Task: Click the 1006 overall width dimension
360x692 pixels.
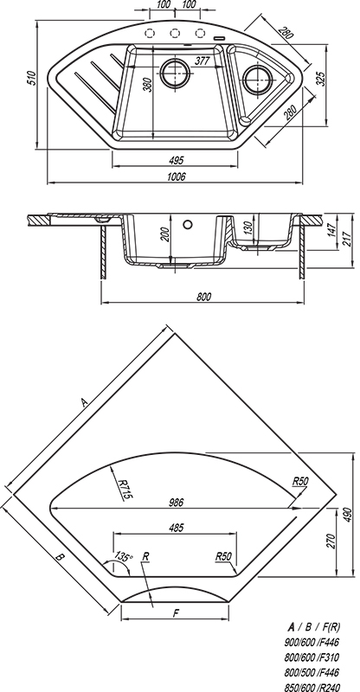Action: click(x=177, y=176)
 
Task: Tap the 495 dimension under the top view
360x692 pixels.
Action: click(x=177, y=160)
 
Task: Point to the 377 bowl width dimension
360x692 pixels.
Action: click(x=202, y=61)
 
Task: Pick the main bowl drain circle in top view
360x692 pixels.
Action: click(x=176, y=73)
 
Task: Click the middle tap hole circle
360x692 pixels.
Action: click(x=175, y=33)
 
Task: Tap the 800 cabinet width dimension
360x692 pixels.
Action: click(x=203, y=297)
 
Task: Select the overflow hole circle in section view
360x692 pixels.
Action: click(x=188, y=224)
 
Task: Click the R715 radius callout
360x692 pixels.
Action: click(x=125, y=490)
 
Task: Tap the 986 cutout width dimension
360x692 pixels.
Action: click(x=176, y=503)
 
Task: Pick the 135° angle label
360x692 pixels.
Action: click(x=124, y=556)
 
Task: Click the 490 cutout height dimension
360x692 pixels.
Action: click(x=348, y=515)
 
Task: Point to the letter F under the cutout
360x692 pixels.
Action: click(x=176, y=613)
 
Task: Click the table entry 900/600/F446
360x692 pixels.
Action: click(x=312, y=642)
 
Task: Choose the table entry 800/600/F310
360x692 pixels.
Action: click(x=312, y=657)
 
